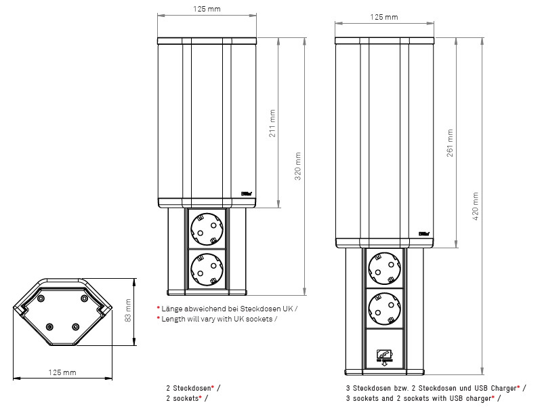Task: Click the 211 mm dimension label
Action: (273, 123)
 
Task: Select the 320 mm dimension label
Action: (299, 166)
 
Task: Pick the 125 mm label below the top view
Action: (62, 372)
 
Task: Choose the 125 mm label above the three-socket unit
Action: (384, 16)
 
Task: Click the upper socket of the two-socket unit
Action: (207, 228)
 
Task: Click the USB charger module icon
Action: (383, 355)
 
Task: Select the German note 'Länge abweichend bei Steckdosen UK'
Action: (228, 308)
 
